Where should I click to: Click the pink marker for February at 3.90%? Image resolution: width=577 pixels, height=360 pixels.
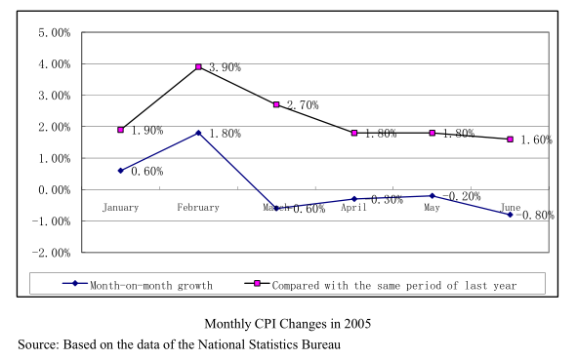(x=198, y=67)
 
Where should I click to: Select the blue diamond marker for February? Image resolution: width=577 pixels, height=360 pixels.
(x=198, y=133)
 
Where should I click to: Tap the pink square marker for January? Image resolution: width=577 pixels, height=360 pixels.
(x=121, y=130)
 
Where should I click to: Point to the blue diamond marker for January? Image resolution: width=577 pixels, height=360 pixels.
(x=121, y=171)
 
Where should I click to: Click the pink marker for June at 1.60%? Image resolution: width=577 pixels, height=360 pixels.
(x=510, y=140)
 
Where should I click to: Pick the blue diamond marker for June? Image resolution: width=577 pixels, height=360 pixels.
(x=510, y=215)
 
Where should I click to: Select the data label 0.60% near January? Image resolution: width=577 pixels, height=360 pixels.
(x=146, y=172)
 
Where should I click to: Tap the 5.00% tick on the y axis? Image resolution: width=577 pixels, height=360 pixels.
(x=54, y=33)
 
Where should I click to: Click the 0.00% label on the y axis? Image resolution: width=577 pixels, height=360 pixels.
(x=54, y=190)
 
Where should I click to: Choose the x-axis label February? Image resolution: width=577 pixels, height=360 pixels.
(x=198, y=208)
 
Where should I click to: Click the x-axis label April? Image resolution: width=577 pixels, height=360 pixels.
(x=354, y=208)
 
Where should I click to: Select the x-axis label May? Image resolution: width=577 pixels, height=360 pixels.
(x=433, y=208)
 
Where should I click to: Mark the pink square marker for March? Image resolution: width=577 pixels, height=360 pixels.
(x=276, y=104)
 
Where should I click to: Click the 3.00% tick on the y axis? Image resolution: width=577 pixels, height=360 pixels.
(x=54, y=96)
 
